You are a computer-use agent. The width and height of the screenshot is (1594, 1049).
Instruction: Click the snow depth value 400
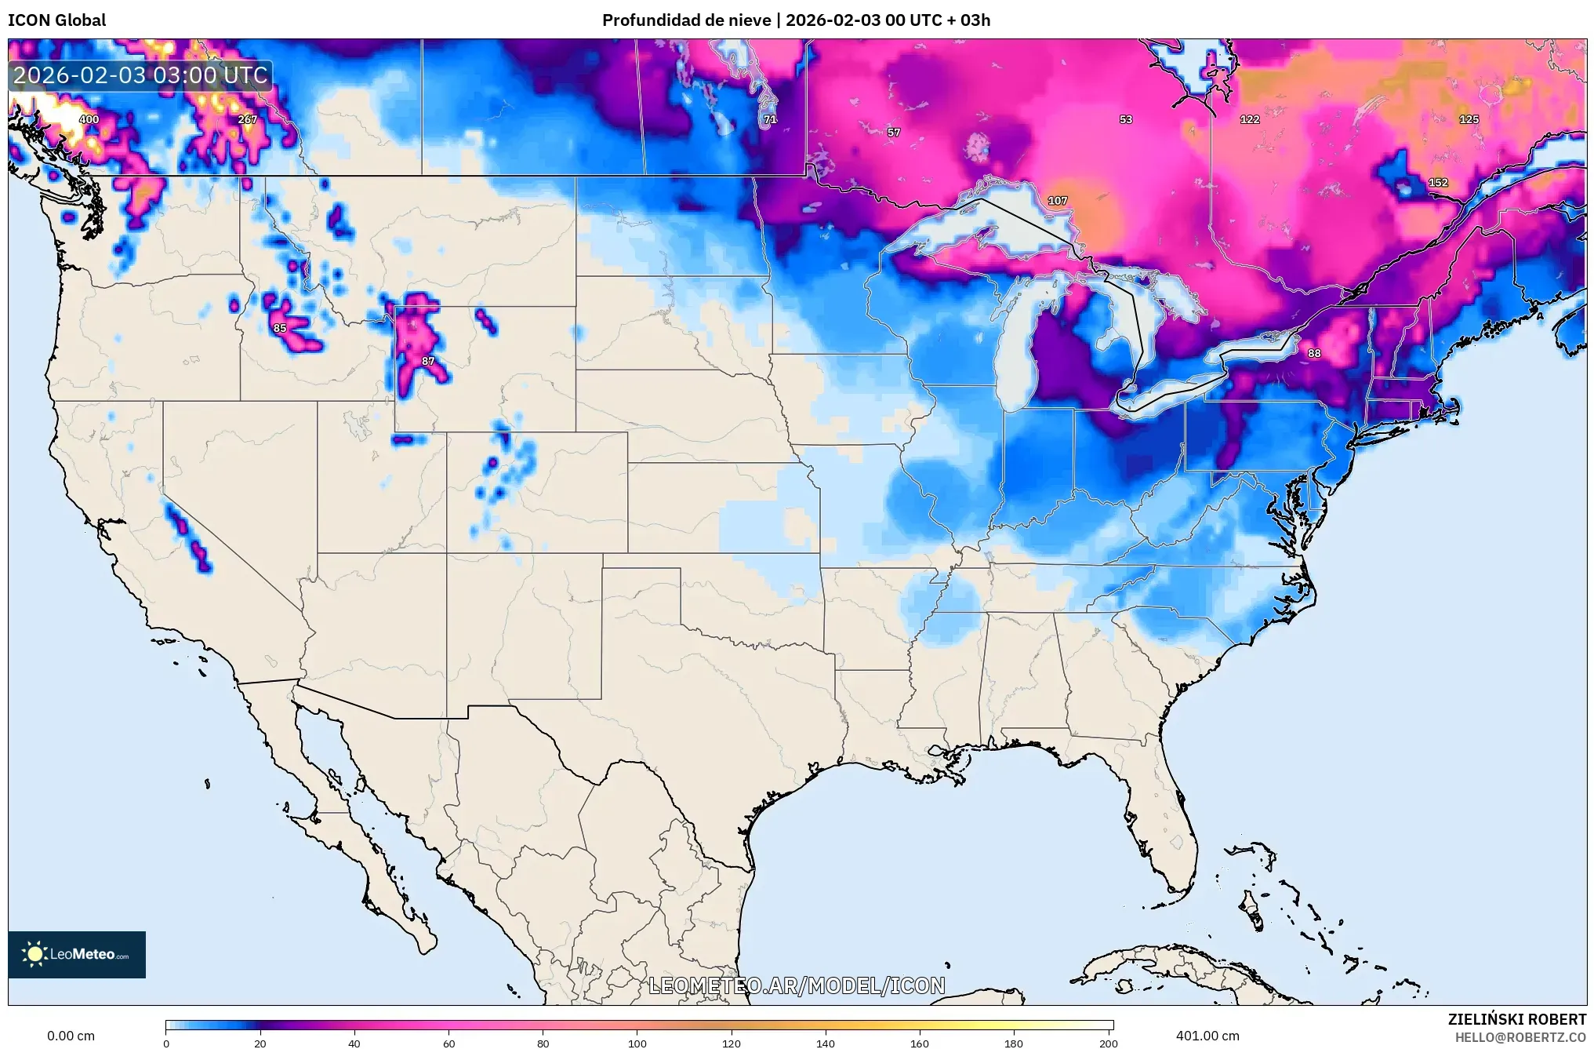pyautogui.click(x=89, y=119)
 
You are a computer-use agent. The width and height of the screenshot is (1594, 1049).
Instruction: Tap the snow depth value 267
pyautogui.click(x=247, y=119)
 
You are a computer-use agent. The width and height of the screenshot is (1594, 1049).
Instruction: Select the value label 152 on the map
pyautogui.click(x=1438, y=182)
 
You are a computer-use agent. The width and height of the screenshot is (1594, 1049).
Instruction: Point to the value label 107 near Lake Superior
pyautogui.click(x=1058, y=200)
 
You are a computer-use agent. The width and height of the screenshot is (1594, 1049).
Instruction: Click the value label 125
pyautogui.click(x=1469, y=119)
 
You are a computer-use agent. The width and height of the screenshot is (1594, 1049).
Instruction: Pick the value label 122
pyautogui.click(x=1250, y=119)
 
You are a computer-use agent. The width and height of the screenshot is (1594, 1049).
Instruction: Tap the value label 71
pyautogui.click(x=770, y=119)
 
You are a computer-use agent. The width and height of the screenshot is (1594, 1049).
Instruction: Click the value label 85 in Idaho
pyautogui.click(x=280, y=328)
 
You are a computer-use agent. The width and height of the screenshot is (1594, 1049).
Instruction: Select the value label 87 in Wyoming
pyautogui.click(x=428, y=361)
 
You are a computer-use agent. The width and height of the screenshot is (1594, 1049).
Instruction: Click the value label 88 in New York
pyautogui.click(x=1314, y=353)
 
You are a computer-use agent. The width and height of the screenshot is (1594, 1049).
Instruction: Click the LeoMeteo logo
pyautogui.click(x=77, y=954)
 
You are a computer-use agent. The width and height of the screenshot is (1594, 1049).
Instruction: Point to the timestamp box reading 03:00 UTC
pyautogui.click(x=141, y=75)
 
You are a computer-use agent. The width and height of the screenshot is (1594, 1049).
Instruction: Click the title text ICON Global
pyautogui.click(x=56, y=20)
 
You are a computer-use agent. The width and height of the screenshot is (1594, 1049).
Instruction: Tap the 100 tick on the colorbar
pyautogui.click(x=637, y=1043)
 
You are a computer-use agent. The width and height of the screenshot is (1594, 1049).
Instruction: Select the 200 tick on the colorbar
pyautogui.click(x=1108, y=1043)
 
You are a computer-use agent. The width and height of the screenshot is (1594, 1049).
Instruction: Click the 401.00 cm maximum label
pyautogui.click(x=1207, y=1036)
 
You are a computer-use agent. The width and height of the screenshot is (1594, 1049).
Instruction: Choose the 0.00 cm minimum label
pyautogui.click(x=71, y=1036)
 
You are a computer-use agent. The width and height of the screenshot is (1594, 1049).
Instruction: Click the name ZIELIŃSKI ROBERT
pyautogui.click(x=1516, y=1019)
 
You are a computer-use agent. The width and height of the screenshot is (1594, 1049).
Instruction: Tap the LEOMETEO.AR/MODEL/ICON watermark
pyautogui.click(x=797, y=985)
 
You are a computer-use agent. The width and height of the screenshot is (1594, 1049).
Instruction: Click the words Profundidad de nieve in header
pyautogui.click(x=686, y=20)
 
